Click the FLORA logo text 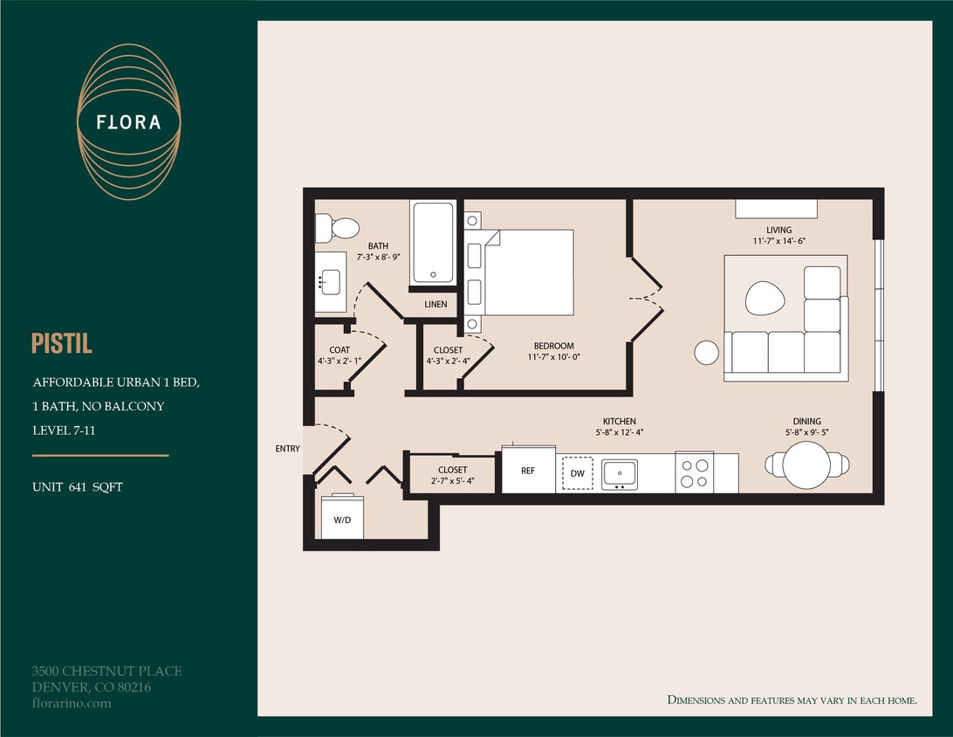click(x=129, y=122)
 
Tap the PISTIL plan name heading click(x=62, y=343)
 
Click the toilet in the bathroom click(x=339, y=229)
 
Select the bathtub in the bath click(x=433, y=242)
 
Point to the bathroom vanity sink click(x=330, y=282)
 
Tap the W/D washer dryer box click(x=342, y=519)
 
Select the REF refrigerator click(x=528, y=471)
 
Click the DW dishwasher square click(x=577, y=473)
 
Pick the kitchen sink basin click(x=620, y=473)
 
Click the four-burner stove click(x=695, y=473)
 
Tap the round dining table click(x=806, y=465)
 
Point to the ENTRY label click(x=287, y=449)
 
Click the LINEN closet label click(x=435, y=305)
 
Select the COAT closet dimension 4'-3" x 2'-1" click(x=339, y=361)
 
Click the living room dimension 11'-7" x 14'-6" click(x=779, y=241)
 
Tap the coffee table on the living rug click(x=764, y=298)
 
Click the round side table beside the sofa click(x=706, y=352)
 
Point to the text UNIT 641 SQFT click(x=78, y=487)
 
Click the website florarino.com click(x=72, y=703)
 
